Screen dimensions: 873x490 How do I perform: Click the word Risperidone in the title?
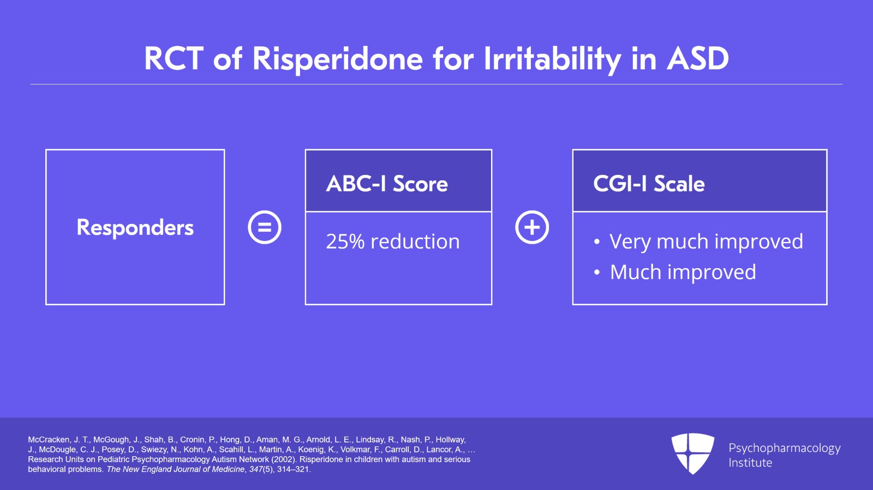coord(338,59)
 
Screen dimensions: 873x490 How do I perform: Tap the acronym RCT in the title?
coord(174,59)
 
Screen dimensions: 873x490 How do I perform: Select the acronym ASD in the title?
coord(698,59)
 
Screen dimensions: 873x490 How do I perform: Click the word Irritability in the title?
coord(552,59)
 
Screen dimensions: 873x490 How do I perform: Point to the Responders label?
coord(135,227)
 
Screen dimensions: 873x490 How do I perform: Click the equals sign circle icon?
coord(265,227)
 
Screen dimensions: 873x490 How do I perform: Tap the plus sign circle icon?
coord(532,227)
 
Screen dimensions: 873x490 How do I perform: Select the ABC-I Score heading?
coord(387,183)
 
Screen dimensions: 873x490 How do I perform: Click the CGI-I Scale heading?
coord(649,183)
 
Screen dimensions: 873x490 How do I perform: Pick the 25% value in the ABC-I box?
coord(345,241)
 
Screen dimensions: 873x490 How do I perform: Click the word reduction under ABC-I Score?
coord(415,241)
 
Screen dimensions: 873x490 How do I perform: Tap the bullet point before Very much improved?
coord(597,242)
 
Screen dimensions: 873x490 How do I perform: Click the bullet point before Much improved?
coord(597,273)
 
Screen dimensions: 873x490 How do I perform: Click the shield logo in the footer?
coord(692,453)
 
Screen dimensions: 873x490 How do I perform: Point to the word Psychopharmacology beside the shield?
coord(785,449)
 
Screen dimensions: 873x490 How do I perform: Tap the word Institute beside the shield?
coord(750,463)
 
